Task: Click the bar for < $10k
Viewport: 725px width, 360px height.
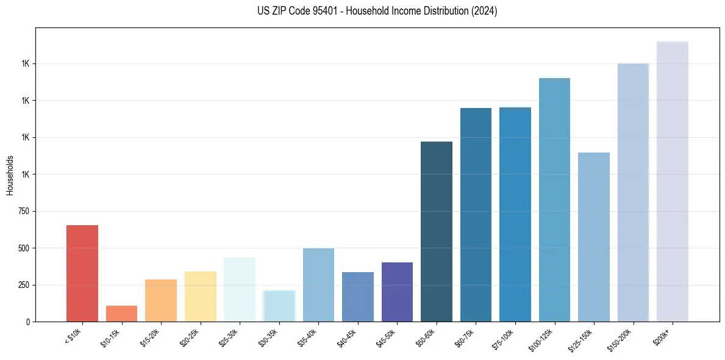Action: (x=82, y=273)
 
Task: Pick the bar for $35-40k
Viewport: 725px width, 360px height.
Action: (x=318, y=285)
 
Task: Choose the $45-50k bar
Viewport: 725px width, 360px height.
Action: (x=397, y=292)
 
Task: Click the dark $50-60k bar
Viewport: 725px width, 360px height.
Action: (x=437, y=232)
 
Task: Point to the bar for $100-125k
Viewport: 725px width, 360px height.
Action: (x=554, y=200)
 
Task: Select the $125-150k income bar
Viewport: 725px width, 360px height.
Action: (x=594, y=237)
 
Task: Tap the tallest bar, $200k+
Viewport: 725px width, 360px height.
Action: (x=673, y=181)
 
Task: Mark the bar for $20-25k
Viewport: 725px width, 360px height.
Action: (x=201, y=297)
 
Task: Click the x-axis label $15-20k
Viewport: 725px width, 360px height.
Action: (x=151, y=337)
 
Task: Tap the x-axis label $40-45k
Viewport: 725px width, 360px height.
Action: (x=348, y=337)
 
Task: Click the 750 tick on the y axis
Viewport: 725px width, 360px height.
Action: (x=24, y=211)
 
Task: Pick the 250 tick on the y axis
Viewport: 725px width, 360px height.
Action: (x=24, y=285)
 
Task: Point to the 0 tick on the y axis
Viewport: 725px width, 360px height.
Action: (x=28, y=322)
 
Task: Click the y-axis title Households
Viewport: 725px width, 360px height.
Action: (x=10, y=175)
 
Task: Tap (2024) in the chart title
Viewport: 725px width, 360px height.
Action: (x=485, y=11)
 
